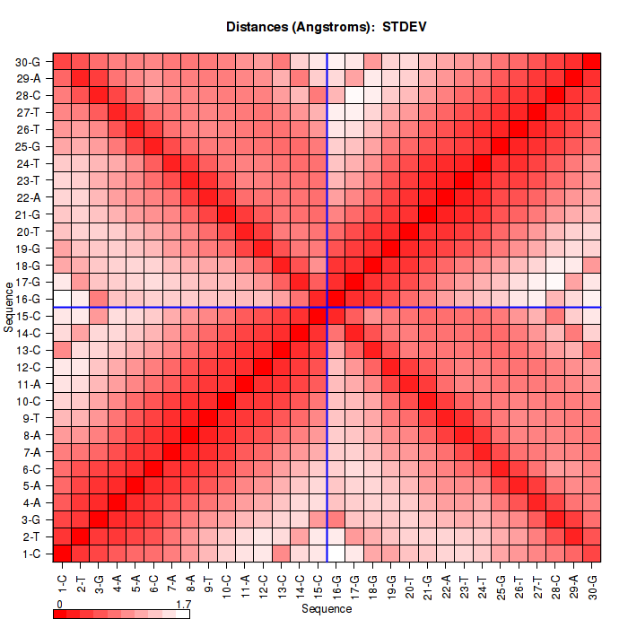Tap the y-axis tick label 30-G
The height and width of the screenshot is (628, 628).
tap(28, 62)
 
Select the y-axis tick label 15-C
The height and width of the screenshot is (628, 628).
tap(28, 316)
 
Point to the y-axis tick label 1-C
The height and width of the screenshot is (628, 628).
tap(31, 554)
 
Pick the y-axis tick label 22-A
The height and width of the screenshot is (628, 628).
tap(28, 197)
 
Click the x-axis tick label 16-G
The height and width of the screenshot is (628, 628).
tap(337, 584)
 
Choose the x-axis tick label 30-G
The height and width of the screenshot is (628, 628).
tap(593, 584)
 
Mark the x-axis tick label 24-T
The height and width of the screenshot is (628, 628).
tap(484, 584)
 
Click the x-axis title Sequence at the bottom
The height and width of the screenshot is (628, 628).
tap(327, 609)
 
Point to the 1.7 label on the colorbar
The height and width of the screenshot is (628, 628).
tap(182, 605)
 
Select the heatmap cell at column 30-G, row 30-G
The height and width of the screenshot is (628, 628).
tap(592, 61)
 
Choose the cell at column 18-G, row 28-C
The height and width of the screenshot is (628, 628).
tap(373, 95)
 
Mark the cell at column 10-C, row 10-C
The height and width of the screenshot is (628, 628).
tap(227, 400)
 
